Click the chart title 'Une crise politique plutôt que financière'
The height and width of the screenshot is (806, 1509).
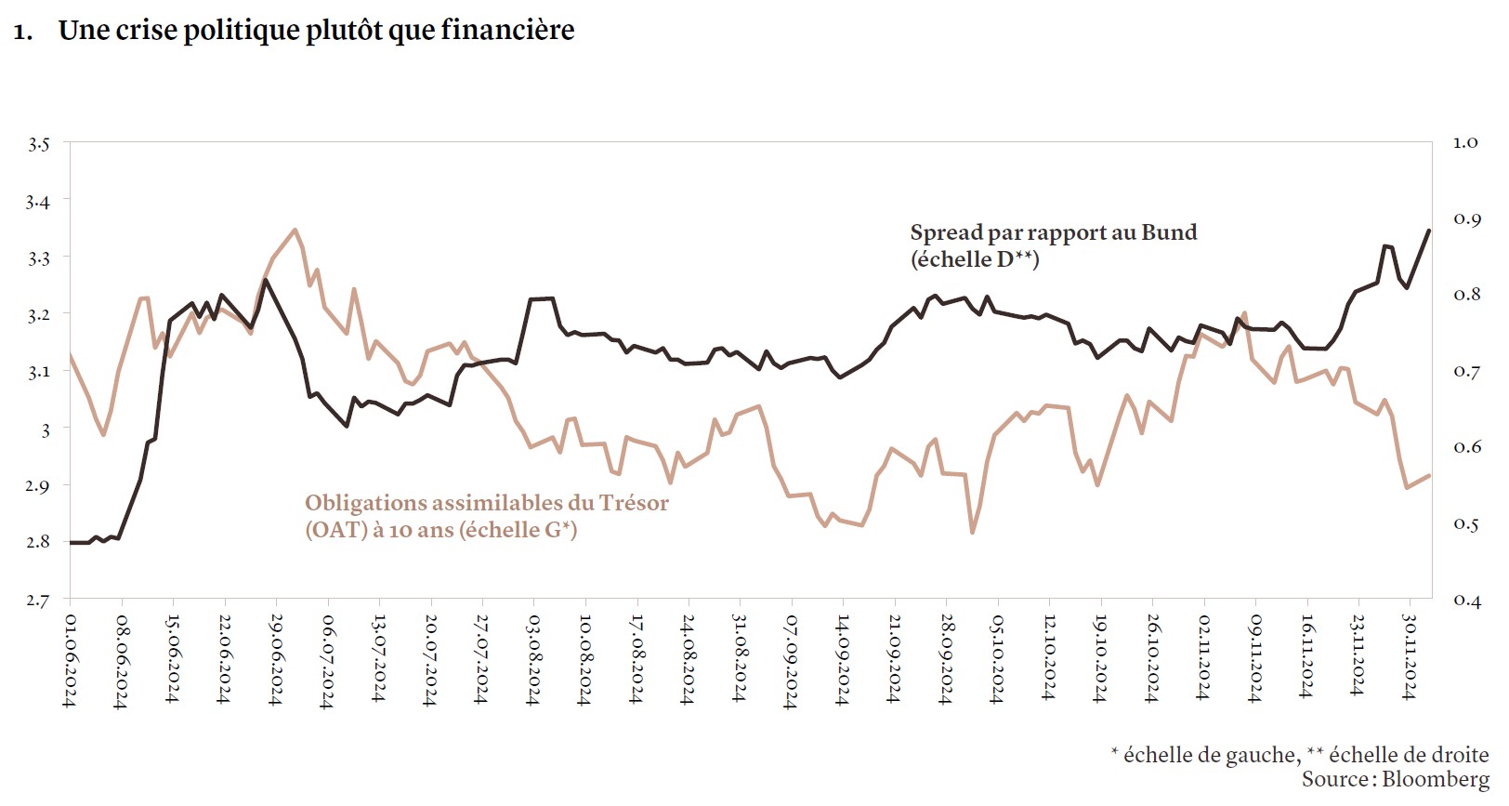pos(316,31)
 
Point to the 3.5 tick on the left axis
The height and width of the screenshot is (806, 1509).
pos(38,144)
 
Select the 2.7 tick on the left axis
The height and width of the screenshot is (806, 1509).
pos(38,601)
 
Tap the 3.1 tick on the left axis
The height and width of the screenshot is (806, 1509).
pos(38,372)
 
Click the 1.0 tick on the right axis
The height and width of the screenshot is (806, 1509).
pos(1465,142)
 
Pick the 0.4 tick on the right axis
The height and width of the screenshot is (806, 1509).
pos(1465,601)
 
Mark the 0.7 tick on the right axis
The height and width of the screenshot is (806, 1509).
pos(1465,372)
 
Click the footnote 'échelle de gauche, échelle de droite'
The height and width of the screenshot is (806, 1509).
pos(1301,755)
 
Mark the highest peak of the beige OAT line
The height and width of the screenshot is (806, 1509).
pos(295,230)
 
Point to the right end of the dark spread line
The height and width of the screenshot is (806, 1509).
pos(1428,231)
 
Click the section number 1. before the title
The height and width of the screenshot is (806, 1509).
pos(23,33)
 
